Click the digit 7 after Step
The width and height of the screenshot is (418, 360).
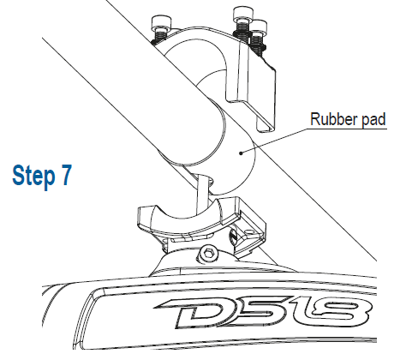click(x=66, y=175)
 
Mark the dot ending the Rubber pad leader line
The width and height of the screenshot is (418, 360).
click(x=242, y=153)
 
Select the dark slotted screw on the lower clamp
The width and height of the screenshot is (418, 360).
click(x=232, y=236)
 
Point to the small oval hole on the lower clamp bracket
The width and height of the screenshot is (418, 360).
click(x=249, y=232)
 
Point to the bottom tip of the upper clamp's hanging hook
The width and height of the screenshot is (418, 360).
click(x=266, y=130)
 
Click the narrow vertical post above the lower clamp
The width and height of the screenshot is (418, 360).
click(x=203, y=195)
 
